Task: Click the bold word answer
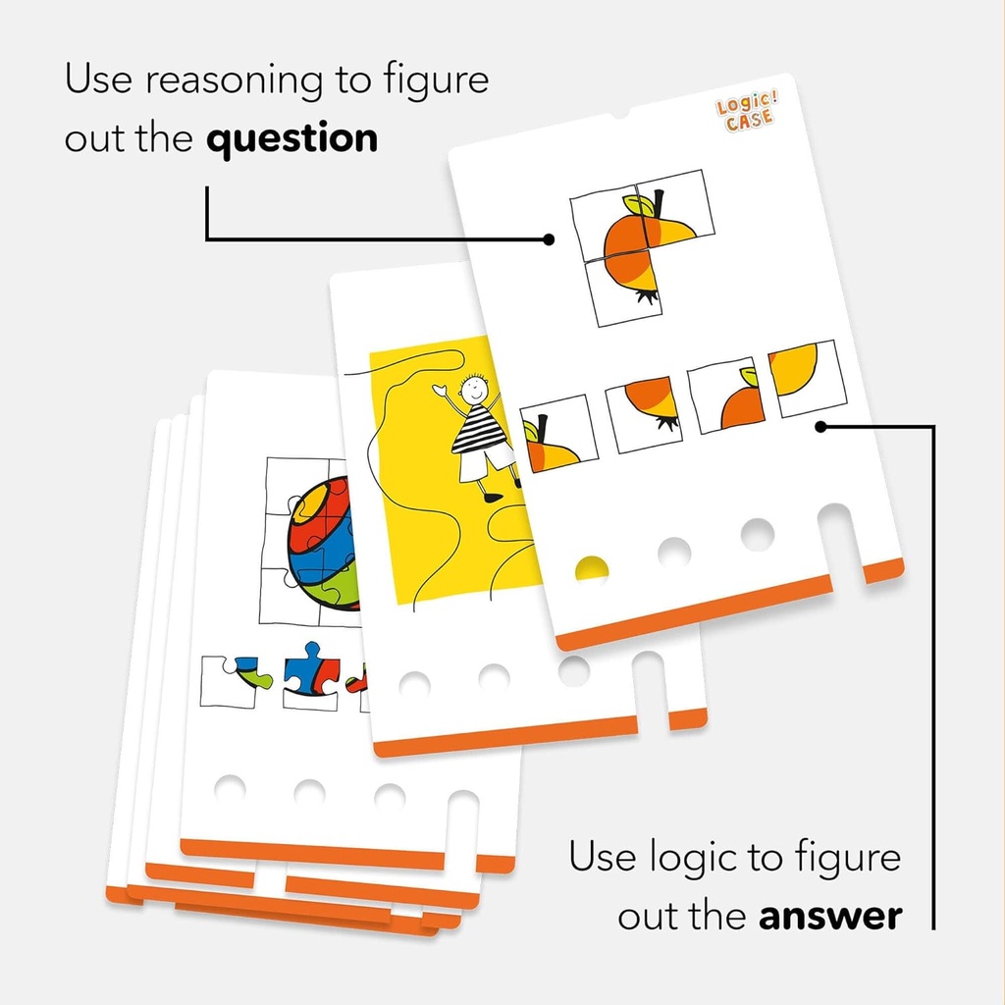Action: click(830, 917)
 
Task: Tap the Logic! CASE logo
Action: click(747, 112)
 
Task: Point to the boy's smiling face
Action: click(474, 387)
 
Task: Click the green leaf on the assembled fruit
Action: click(638, 205)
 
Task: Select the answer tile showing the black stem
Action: click(558, 435)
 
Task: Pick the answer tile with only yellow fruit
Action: click(807, 378)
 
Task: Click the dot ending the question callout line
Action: click(549, 239)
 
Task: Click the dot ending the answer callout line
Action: click(821, 426)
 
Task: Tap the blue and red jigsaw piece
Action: click(311, 676)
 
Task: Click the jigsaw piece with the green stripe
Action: click(237, 681)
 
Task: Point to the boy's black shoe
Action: click(493, 496)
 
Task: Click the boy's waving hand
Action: click(441, 389)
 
